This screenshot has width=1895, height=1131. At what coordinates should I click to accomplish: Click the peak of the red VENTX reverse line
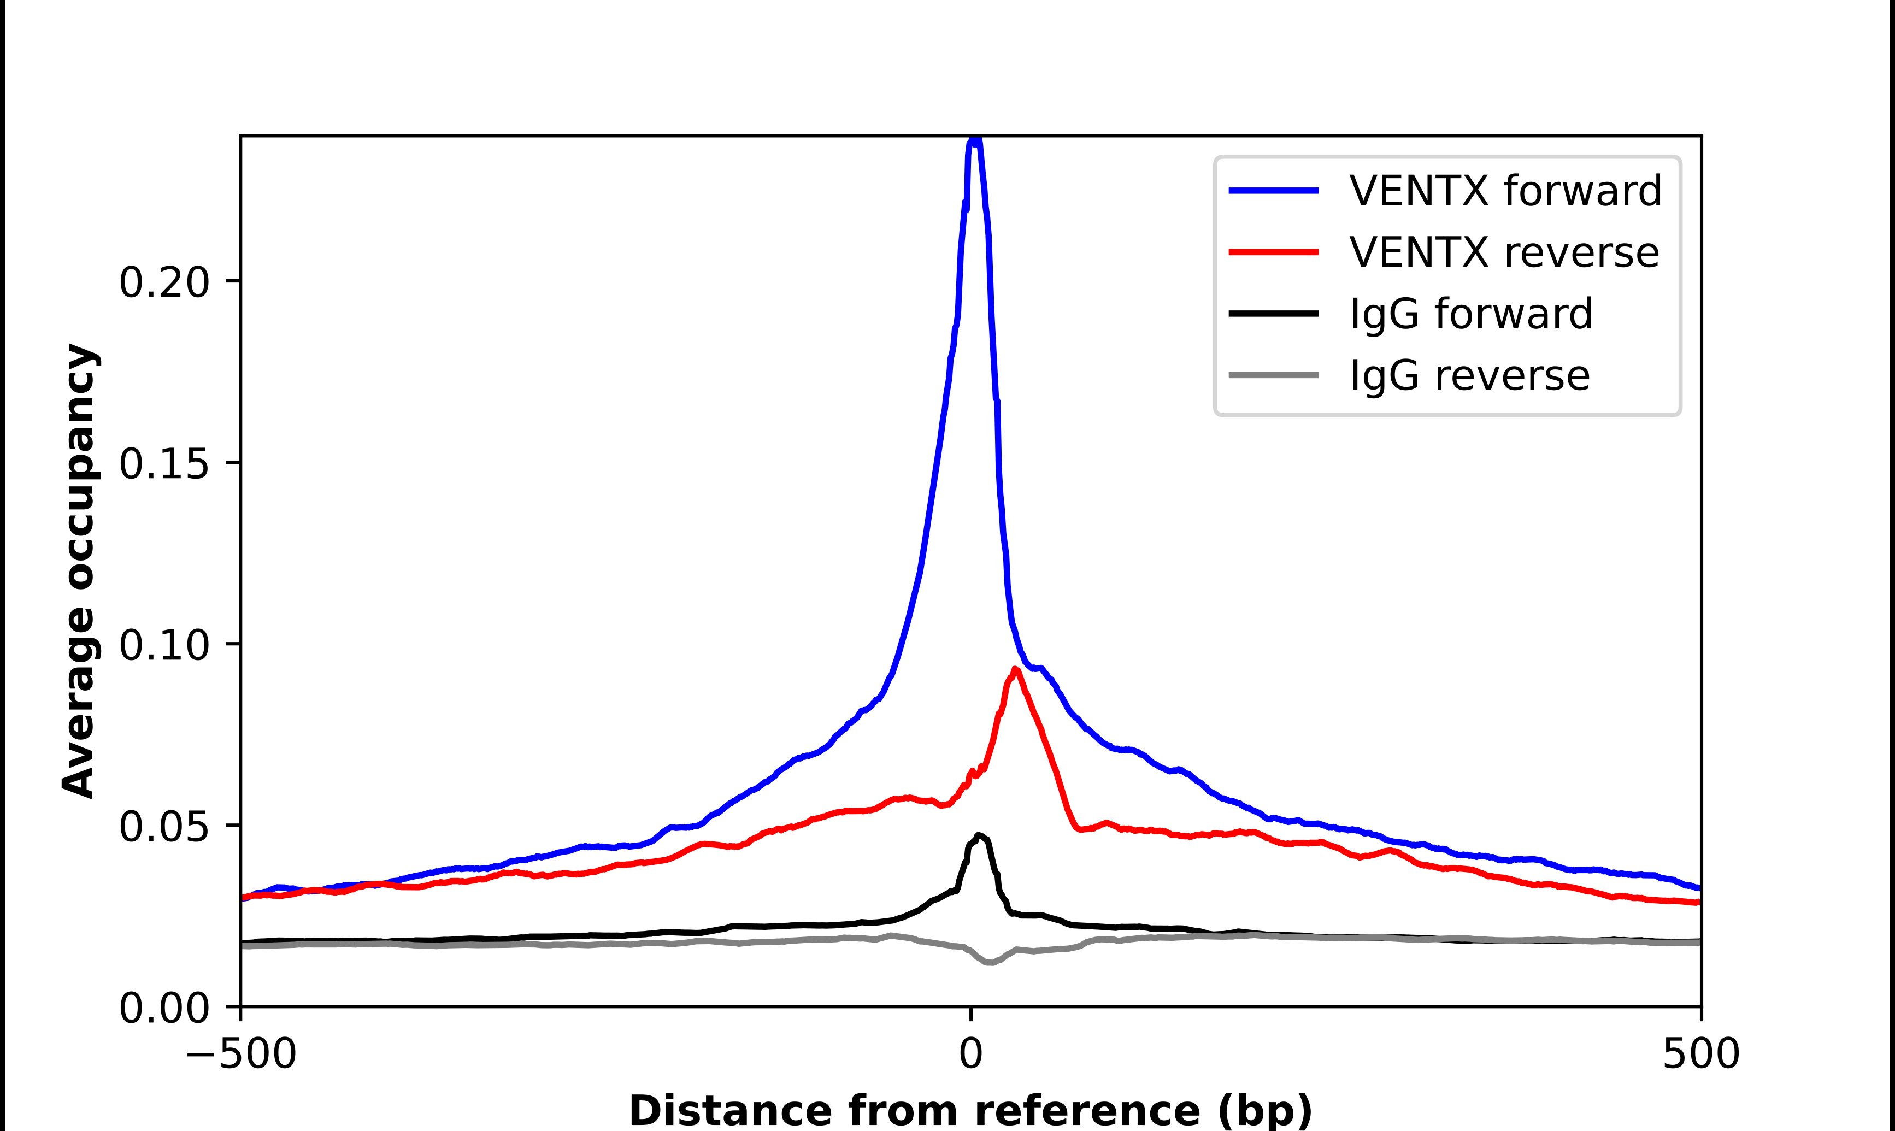coord(1015,669)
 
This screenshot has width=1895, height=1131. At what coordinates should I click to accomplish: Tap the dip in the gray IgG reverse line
coord(989,963)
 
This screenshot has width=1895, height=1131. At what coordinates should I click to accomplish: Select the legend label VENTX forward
coord(1505,191)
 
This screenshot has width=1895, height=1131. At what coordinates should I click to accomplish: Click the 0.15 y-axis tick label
coord(164,464)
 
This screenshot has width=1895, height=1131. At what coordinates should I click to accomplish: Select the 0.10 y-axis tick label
coord(164,645)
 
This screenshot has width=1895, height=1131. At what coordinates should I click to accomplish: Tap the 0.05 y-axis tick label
coord(164,827)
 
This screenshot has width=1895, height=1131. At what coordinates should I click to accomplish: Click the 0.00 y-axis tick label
coord(164,1008)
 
